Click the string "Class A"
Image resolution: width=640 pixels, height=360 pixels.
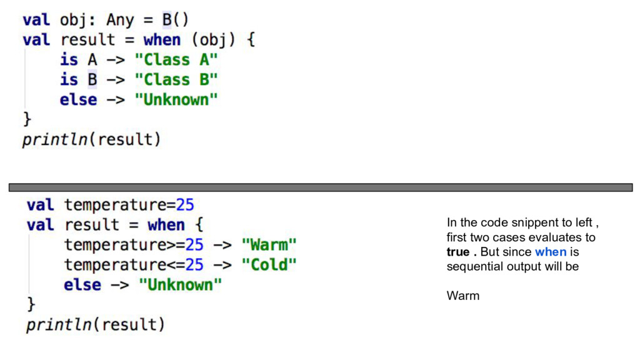click(177, 60)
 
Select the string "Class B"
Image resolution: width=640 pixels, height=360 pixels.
click(177, 80)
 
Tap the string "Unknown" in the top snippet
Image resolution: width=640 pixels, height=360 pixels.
click(177, 100)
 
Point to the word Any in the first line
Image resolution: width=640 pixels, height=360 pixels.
click(120, 20)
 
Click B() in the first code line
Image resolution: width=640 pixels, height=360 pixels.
click(176, 20)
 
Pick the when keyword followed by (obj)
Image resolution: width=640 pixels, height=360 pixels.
click(162, 40)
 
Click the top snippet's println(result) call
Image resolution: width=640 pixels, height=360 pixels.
click(92, 139)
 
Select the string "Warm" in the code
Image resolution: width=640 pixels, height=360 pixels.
click(269, 244)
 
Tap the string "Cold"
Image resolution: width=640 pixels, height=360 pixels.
click(269, 264)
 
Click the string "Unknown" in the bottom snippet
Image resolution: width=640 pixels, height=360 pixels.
click(181, 285)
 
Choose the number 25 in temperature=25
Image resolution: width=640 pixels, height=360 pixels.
click(185, 205)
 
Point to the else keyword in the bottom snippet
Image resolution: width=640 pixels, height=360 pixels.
click(82, 285)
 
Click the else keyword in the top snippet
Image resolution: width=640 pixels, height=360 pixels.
click(78, 100)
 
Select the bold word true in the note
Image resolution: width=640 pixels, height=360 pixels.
click(458, 252)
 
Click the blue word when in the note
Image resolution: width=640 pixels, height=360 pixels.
click(551, 252)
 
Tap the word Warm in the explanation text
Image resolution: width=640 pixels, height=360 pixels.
click(463, 296)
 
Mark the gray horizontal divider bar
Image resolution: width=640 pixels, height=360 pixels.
click(320, 187)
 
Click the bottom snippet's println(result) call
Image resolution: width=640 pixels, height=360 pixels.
click(96, 324)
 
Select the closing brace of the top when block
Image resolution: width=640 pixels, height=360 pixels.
click(27, 119)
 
